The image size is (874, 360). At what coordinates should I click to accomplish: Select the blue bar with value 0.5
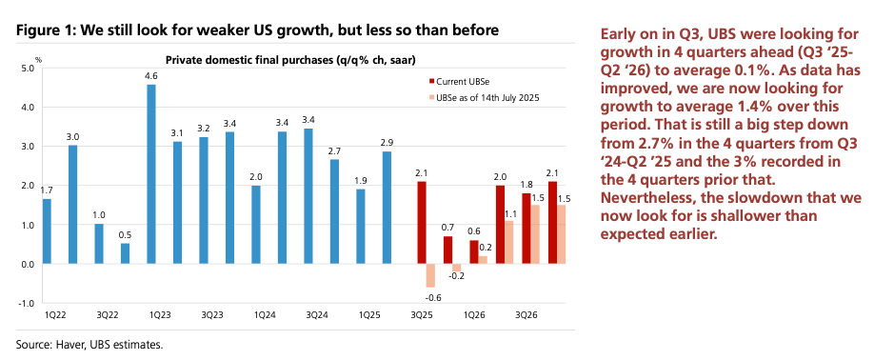pos(125,253)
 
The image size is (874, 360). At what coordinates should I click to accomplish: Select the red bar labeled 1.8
pos(526,229)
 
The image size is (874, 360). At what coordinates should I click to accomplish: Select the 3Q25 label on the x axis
pos(419,313)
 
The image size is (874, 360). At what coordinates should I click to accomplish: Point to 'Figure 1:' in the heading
pos(46,31)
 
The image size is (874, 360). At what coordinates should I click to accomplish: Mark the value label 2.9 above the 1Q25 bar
pos(387,142)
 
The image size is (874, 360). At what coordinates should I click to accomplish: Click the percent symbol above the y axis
pos(38,59)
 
